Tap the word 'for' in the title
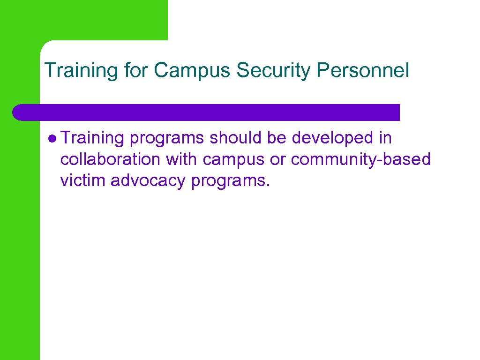(x=136, y=70)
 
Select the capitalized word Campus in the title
(x=193, y=71)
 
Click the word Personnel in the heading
(x=363, y=70)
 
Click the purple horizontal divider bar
(x=206, y=112)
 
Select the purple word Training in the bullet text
(x=92, y=139)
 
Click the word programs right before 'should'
(x=167, y=139)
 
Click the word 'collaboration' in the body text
(x=110, y=159)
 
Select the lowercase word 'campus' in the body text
(x=232, y=160)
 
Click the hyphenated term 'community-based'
(x=360, y=160)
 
